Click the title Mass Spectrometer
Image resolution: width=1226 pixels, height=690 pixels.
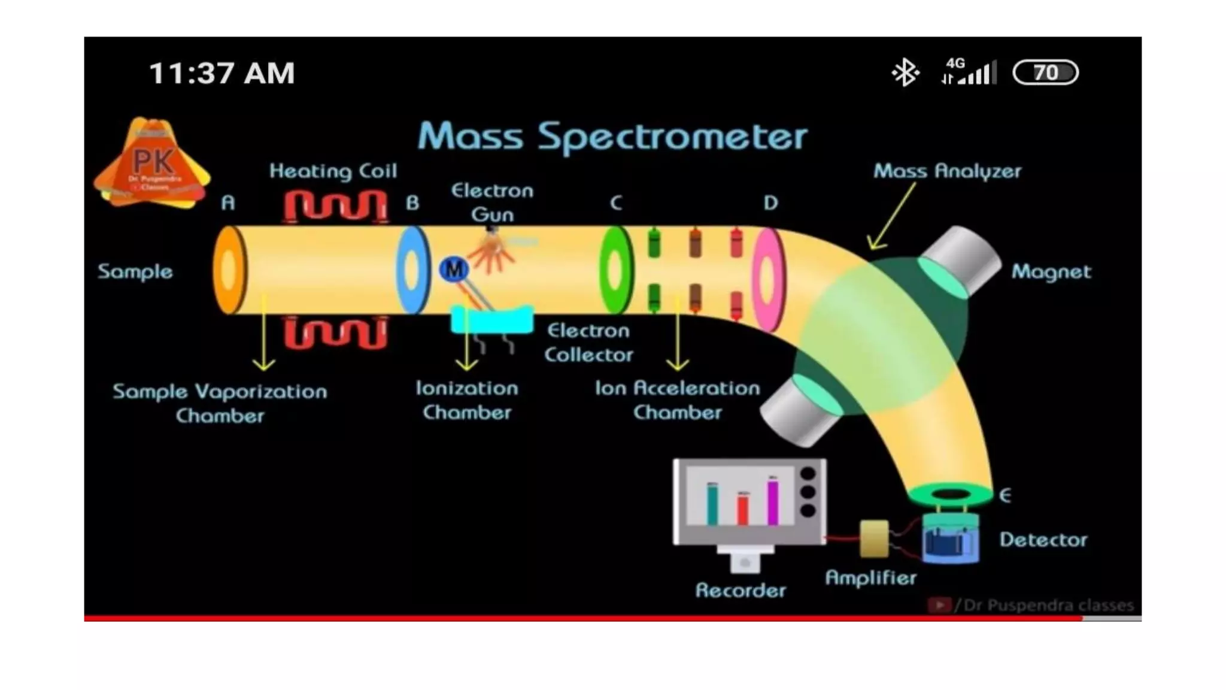tap(612, 137)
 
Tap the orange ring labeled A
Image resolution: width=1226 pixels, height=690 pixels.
tap(229, 270)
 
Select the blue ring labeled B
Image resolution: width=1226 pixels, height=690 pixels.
tap(412, 270)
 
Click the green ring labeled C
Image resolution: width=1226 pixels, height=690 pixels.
tap(615, 270)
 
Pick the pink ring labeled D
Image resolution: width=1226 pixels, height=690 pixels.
tap(768, 279)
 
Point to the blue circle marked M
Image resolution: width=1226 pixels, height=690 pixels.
tap(454, 270)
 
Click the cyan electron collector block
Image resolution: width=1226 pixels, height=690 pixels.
tap(491, 320)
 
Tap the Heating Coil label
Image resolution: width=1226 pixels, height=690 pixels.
tap(333, 171)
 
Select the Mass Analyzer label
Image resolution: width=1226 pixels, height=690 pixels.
tap(947, 171)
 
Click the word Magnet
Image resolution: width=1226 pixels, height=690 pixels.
tap(1051, 272)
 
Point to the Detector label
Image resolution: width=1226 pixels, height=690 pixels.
tap(1043, 540)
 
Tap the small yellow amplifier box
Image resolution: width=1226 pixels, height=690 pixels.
tap(873, 538)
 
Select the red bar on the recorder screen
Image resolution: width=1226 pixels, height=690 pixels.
tap(743, 509)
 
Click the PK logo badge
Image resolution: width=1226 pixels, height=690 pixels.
tap(152, 163)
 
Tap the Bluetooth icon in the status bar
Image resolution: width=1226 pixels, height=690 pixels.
tap(905, 72)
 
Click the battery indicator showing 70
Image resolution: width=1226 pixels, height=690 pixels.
tap(1045, 72)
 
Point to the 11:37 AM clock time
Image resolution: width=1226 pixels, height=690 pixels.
tap(221, 73)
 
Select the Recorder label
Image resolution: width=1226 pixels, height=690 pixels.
tap(741, 591)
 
